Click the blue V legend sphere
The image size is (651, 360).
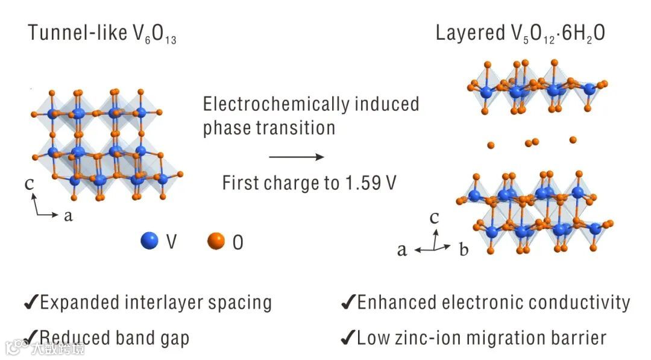[x=149, y=241]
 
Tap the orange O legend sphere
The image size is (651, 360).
[x=216, y=241]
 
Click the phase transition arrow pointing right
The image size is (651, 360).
[x=296, y=157]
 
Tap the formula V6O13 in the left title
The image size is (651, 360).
[x=155, y=35]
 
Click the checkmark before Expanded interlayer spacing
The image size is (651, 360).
[x=31, y=303]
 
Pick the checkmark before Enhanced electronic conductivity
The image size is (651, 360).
[x=347, y=303]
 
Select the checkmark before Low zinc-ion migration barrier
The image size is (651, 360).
[x=347, y=338]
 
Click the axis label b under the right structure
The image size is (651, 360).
[x=463, y=250]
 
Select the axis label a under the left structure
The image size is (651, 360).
[x=68, y=215]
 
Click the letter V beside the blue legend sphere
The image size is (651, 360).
[x=171, y=242]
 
